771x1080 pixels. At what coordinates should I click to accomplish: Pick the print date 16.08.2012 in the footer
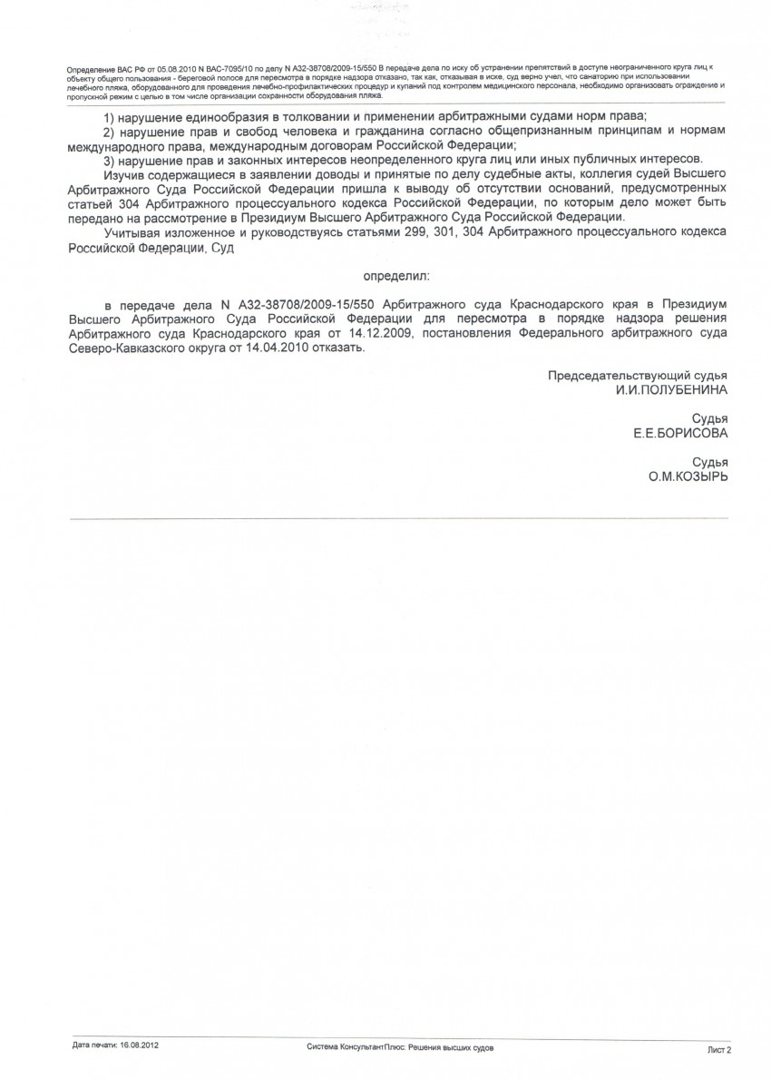click(140, 1046)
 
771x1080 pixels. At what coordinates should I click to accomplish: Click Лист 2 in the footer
click(718, 1048)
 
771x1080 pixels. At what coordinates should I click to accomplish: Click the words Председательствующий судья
click(637, 375)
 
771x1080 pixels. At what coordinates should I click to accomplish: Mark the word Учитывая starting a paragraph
click(132, 234)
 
